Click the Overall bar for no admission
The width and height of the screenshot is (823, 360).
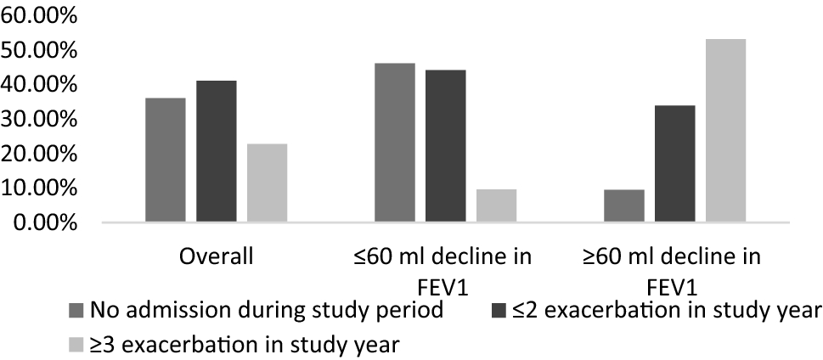166,160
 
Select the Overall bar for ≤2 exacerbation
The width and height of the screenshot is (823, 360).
216,152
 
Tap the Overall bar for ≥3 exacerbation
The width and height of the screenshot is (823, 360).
267,183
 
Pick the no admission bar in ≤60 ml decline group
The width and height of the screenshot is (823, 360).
395,143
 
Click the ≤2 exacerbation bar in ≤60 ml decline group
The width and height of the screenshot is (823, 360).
445,147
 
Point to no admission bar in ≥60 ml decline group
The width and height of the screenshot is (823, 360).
624,206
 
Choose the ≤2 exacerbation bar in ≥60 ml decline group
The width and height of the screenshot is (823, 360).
674,164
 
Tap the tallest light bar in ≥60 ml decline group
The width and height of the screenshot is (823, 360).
725,131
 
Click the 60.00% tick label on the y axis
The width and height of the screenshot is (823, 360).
41,16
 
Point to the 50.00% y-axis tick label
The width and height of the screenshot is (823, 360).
41,51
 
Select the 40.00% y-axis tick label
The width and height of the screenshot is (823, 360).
41,86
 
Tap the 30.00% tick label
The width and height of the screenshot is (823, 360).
41,120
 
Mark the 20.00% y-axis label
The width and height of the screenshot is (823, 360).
41,155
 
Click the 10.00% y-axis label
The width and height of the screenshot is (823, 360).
41,188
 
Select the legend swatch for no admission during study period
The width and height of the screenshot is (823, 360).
76,309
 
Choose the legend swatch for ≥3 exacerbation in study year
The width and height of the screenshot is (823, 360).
76,346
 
